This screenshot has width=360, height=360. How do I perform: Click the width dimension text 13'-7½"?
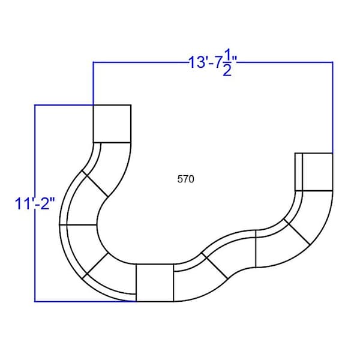pyautogui.click(x=212, y=62)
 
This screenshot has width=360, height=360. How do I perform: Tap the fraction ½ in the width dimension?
pyautogui.click(x=227, y=62)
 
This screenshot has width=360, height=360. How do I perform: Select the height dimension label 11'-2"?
pyautogui.click(x=35, y=203)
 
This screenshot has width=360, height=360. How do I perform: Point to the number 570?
pyautogui.click(x=185, y=179)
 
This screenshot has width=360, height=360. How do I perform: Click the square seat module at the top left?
pyautogui.click(x=112, y=124)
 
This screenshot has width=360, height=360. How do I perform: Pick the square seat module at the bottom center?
pyautogui.click(x=155, y=283)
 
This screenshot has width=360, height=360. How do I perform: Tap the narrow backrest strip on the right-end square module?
pyautogui.click(x=299, y=172)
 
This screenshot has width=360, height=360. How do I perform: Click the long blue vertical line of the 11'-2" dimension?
pyautogui.click(x=35, y=203)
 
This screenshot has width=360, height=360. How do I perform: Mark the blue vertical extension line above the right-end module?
pyautogui.click(x=332, y=107)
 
